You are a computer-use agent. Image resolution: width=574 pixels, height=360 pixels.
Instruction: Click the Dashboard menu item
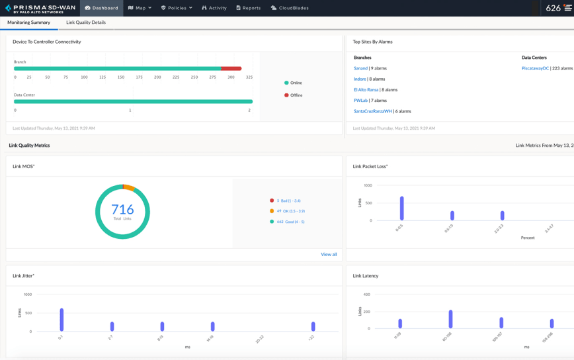101,8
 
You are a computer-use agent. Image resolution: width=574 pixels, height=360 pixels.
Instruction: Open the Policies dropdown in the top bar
177,8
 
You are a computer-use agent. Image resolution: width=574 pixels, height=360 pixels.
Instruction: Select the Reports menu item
249,8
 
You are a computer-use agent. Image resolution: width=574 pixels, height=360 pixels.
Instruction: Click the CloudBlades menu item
290,8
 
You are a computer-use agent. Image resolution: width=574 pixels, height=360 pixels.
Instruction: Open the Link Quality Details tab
86,22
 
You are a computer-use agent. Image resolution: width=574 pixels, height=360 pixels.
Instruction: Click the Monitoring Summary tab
28,22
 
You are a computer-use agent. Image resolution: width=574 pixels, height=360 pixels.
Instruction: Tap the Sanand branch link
360,68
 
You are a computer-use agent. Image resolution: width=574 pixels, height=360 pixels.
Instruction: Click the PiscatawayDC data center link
535,68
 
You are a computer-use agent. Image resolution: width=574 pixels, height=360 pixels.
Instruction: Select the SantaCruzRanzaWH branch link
372,111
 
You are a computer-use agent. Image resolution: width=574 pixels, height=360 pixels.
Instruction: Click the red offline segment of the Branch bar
231,68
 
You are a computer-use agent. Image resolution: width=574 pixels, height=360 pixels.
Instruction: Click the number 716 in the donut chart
122,210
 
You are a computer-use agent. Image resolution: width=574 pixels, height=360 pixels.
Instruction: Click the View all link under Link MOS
329,254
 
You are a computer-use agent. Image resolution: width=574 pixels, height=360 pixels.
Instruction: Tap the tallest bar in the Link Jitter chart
61,320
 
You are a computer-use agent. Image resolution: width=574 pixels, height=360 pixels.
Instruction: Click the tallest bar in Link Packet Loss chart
401,208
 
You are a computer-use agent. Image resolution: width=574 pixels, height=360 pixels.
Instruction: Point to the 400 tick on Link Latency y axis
366,294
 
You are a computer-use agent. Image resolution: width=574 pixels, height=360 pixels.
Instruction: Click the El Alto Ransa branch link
366,89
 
